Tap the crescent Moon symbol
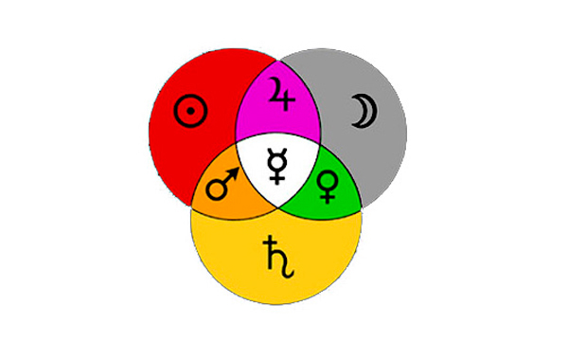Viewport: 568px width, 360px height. click(364, 112)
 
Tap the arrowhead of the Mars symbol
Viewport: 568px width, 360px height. click(234, 172)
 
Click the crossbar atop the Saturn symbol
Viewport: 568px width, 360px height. click(271, 243)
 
